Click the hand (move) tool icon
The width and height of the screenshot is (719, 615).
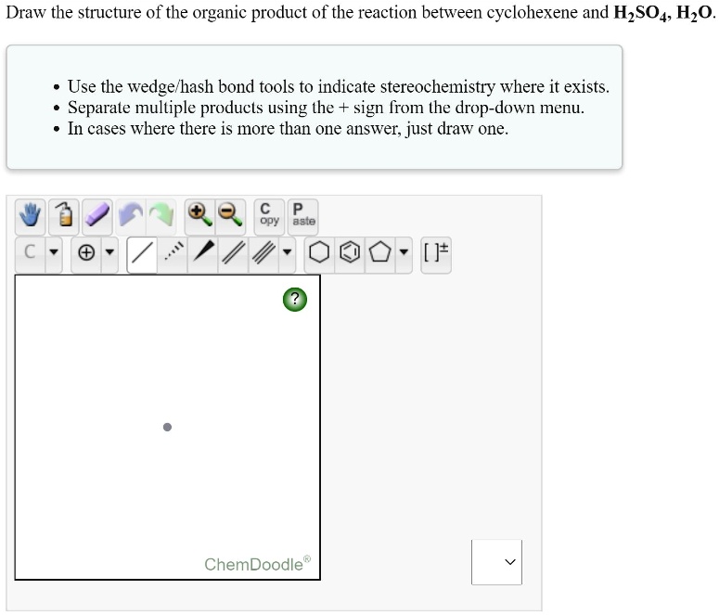click(x=32, y=216)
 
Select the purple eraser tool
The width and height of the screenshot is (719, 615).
click(x=98, y=216)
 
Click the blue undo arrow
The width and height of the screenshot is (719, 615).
click(x=131, y=216)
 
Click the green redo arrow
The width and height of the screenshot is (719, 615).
click(x=161, y=216)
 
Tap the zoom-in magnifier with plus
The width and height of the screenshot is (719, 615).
click(x=198, y=214)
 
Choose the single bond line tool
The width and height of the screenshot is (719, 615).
click(x=142, y=252)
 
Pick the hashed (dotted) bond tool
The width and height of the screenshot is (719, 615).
click(x=173, y=252)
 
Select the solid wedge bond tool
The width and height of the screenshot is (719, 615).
click(x=204, y=252)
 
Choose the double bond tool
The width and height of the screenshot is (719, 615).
click(x=235, y=252)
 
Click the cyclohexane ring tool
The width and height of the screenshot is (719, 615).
click(x=319, y=252)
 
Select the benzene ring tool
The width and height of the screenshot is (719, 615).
click(x=349, y=252)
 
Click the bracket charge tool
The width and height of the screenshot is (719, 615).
click(x=435, y=252)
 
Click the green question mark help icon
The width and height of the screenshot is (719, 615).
click(x=294, y=299)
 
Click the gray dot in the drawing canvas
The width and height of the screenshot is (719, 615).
click(x=167, y=428)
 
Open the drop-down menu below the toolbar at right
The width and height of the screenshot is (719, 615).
click(x=496, y=562)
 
